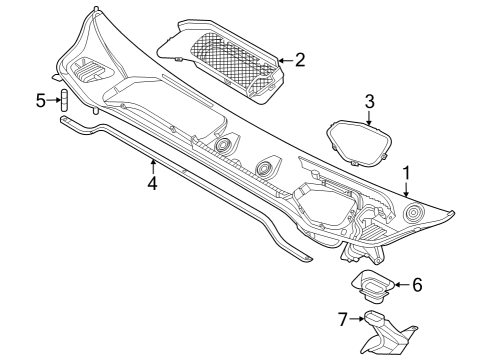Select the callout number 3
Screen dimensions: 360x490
369,101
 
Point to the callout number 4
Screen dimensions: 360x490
152,184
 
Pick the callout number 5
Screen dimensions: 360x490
41,100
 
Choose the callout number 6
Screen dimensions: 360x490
417,285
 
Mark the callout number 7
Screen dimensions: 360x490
342,319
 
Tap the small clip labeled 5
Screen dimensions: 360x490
61,101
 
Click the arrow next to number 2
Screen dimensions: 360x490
283,60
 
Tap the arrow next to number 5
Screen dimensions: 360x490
52,100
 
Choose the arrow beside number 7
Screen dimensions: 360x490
356,319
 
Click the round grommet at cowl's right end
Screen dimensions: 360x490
412,213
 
